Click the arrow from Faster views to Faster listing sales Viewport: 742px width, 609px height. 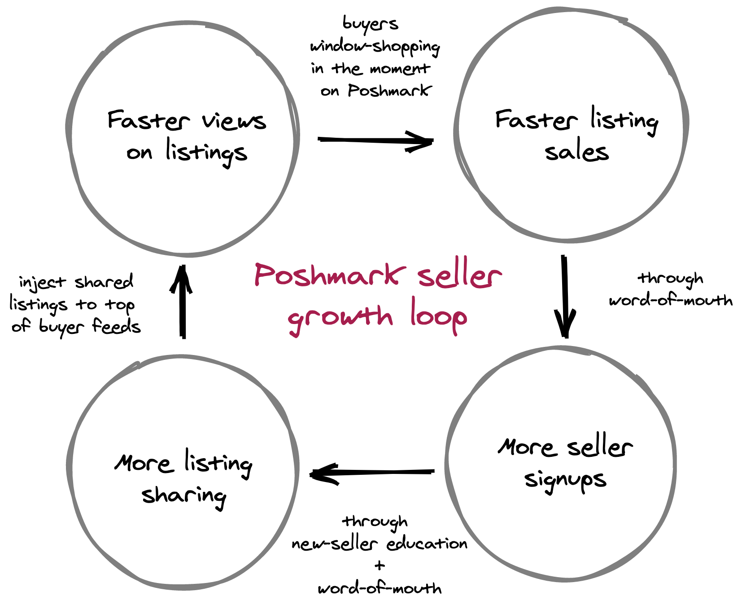click(375, 141)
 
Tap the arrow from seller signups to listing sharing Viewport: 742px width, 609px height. click(372, 473)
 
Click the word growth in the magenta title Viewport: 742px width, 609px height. click(340, 318)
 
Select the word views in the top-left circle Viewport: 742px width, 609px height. click(234, 121)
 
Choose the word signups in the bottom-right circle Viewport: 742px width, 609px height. click(565, 481)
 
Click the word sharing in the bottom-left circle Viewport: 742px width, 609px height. click(184, 496)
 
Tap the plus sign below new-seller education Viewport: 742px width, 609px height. click(380, 565)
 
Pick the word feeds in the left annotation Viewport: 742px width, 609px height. click(116, 326)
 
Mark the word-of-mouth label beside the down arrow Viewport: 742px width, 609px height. click(671, 300)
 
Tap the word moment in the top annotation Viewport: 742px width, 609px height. click(400, 69)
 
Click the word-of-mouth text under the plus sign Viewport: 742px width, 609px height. click(380, 588)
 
